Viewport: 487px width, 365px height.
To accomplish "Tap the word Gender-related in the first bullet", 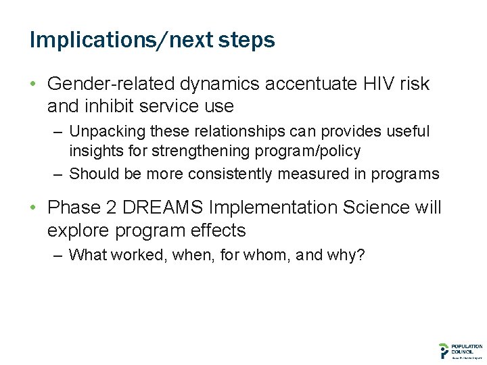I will click(x=110, y=84).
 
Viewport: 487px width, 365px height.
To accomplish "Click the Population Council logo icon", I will click(x=443, y=350).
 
